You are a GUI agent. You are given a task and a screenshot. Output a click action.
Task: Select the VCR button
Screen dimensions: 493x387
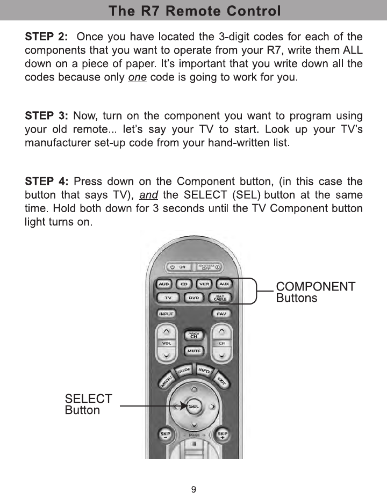[x=204, y=284]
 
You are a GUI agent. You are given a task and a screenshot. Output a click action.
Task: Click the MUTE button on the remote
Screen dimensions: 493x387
[x=193, y=351]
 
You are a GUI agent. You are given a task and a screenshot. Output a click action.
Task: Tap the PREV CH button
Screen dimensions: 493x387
[x=193, y=335]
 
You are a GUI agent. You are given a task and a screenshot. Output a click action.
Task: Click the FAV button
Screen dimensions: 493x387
[x=221, y=314]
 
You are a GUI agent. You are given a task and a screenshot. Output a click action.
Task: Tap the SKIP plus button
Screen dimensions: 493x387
[x=222, y=435]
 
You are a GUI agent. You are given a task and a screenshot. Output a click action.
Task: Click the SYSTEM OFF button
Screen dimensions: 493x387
[x=210, y=267]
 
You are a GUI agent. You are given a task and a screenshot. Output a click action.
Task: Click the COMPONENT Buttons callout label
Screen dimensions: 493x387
[x=316, y=292]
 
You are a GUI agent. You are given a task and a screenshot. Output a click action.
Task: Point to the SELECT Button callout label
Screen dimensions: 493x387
[x=88, y=404]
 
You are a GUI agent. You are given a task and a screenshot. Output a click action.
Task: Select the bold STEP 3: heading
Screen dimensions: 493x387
[x=47, y=115]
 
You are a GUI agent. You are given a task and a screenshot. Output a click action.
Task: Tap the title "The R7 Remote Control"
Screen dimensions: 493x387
[x=193, y=10]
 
